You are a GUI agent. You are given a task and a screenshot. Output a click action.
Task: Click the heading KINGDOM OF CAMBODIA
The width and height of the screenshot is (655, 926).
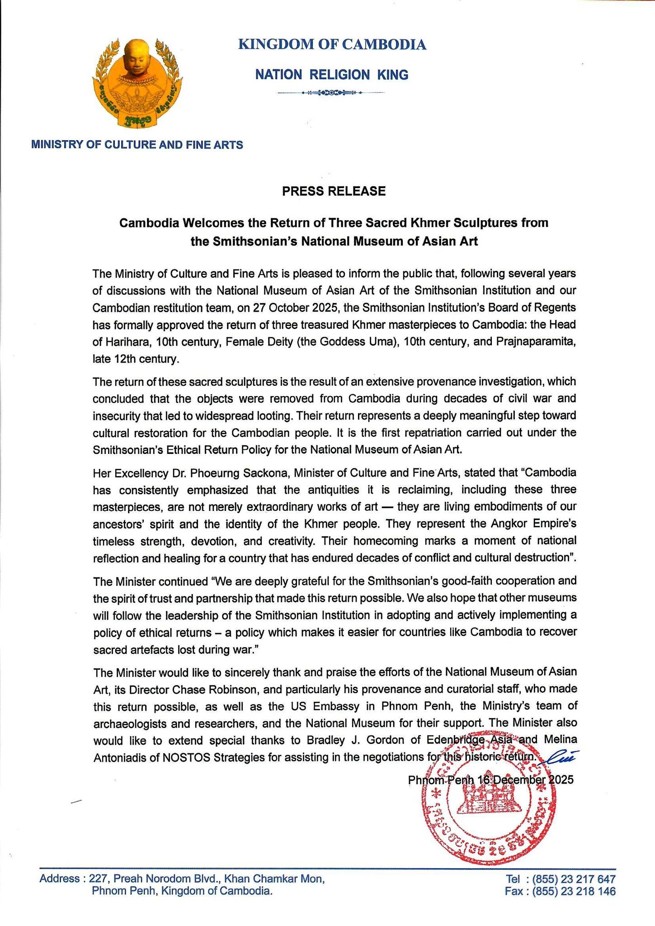point(332,45)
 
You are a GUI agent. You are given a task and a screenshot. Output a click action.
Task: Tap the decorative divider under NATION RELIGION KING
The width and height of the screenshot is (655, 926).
point(331,93)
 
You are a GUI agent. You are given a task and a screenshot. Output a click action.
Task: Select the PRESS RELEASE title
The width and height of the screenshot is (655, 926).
point(334,191)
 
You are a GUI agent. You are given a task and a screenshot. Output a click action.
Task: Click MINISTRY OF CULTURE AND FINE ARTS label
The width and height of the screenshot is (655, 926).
point(137,145)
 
